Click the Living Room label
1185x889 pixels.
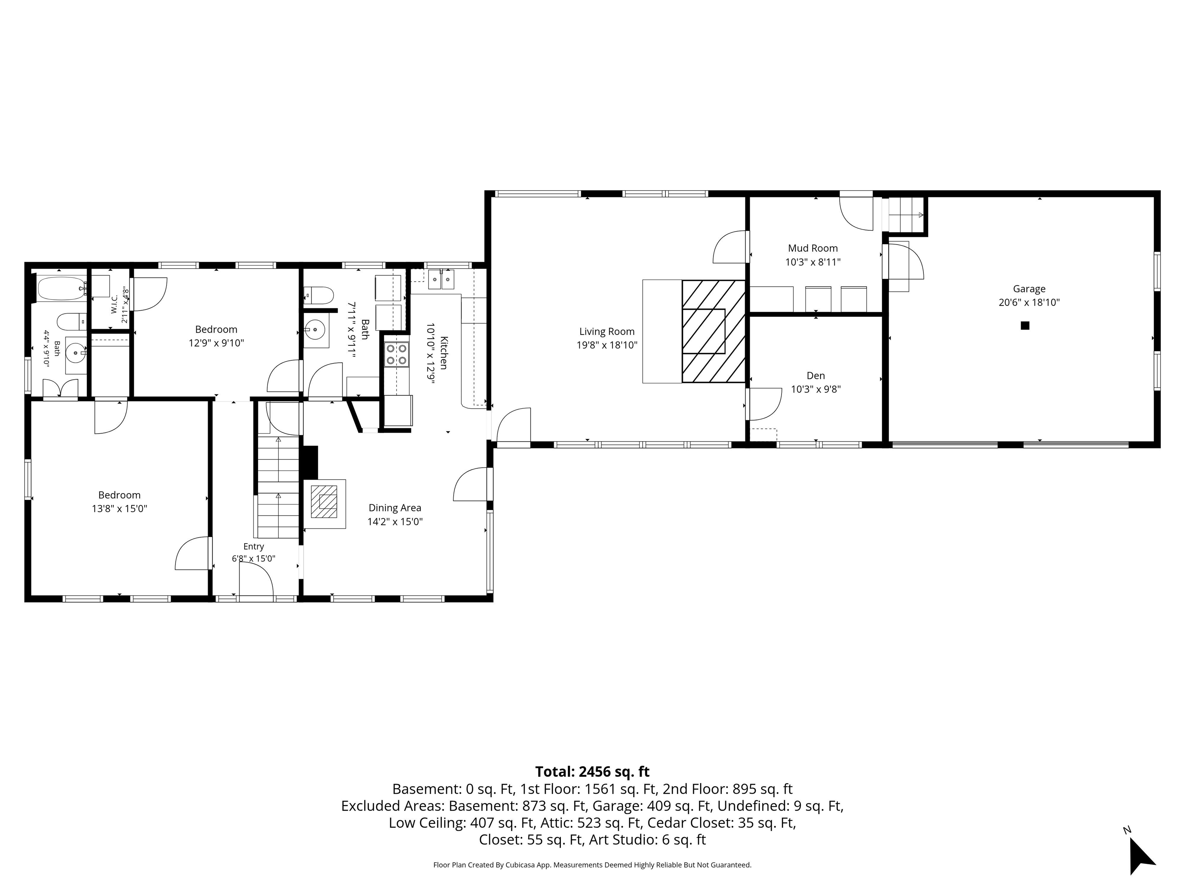(x=606, y=332)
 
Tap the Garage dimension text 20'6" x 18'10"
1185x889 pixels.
(x=1029, y=302)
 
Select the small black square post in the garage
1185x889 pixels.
(x=1025, y=325)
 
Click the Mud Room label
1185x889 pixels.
(x=813, y=248)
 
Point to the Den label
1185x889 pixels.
(x=816, y=376)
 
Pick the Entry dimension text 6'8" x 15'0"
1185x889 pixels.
(x=253, y=558)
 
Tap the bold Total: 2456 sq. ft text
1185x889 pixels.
(x=592, y=772)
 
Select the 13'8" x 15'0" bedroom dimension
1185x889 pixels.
(x=120, y=509)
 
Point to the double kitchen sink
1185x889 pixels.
(x=441, y=279)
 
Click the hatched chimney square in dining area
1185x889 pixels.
(x=325, y=502)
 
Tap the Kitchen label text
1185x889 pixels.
(x=444, y=353)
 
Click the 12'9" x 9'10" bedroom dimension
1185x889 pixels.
(x=216, y=343)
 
